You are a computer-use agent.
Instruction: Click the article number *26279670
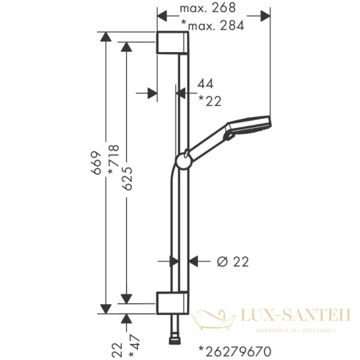tap(235, 350)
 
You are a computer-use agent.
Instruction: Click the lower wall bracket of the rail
tap(174, 303)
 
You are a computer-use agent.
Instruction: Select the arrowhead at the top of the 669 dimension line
tap(106, 38)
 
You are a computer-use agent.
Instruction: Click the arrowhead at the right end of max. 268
tap(266, 17)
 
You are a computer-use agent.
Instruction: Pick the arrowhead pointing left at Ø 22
tap(193, 261)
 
